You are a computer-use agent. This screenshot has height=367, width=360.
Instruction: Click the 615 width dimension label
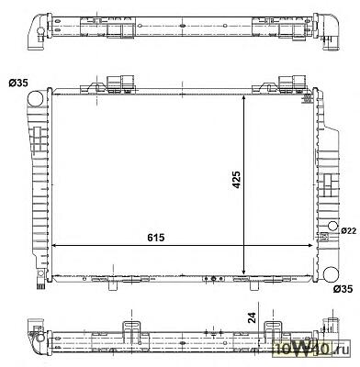point(156,238)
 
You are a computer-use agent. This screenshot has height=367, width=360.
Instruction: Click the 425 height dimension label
point(236,180)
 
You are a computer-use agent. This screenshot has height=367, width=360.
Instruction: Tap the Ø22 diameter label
point(349,231)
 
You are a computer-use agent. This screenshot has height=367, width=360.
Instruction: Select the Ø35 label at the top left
point(18,83)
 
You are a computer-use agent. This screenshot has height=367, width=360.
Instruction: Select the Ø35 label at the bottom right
point(343,288)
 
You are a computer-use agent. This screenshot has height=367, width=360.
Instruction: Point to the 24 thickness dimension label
point(252,318)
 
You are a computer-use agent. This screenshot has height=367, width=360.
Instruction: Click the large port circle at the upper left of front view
point(35,98)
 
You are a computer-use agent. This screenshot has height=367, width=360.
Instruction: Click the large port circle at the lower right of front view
point(331,274)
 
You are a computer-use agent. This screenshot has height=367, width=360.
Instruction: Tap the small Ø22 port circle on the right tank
point(332,227)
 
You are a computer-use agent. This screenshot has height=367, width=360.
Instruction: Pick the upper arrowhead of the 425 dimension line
point(243,98)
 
